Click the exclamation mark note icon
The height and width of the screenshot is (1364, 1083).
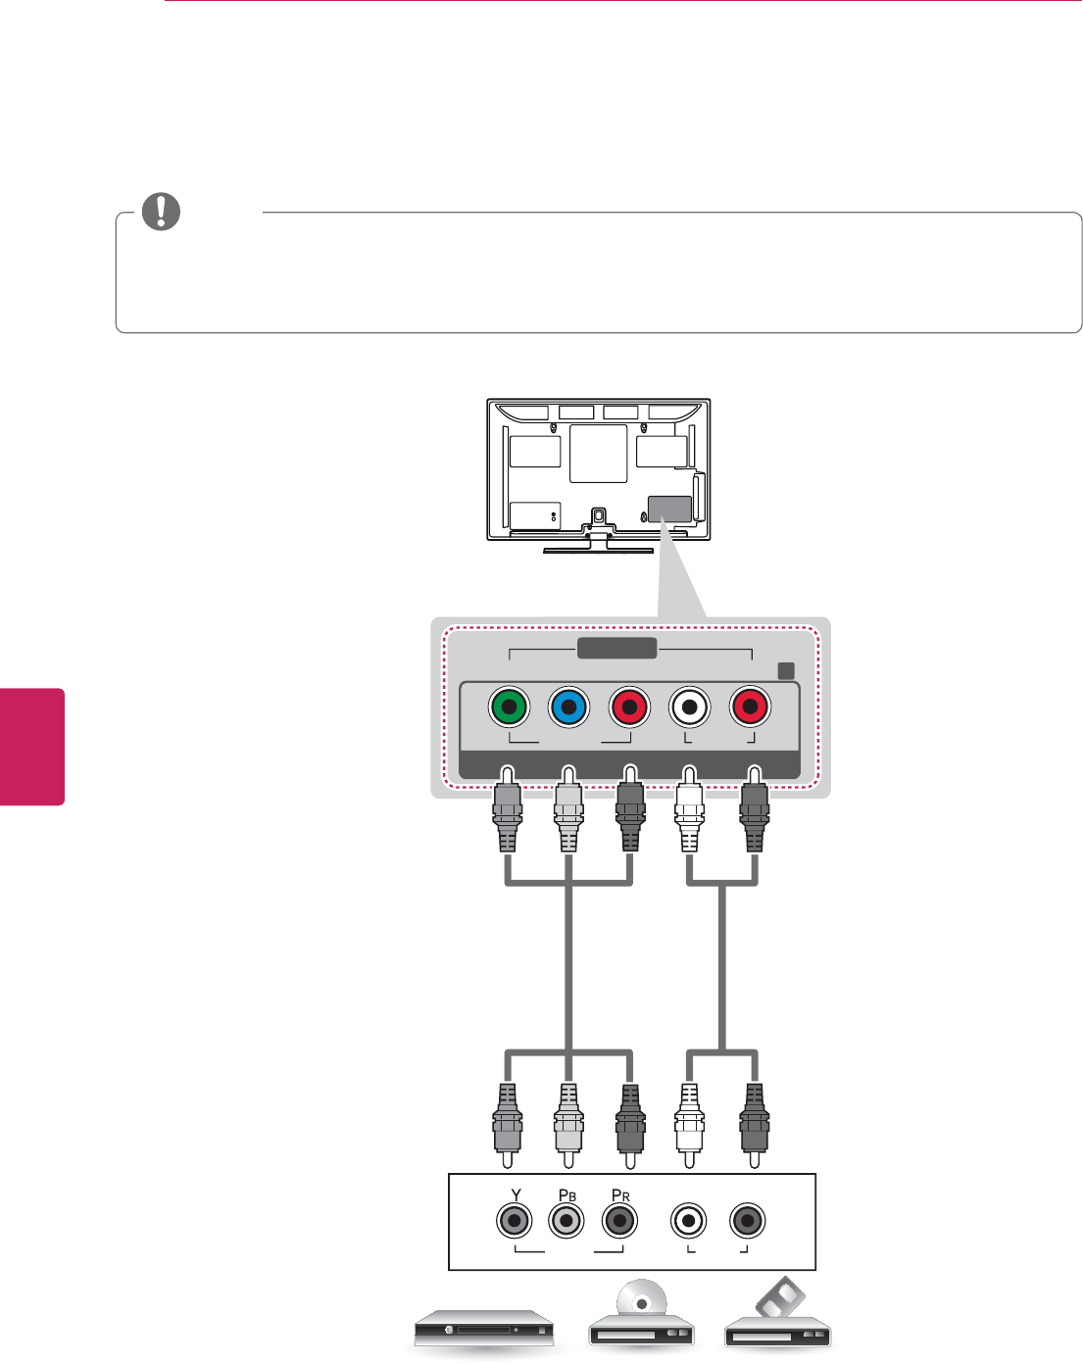(x=162, y=212)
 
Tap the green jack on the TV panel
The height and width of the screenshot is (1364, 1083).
(x=509, y=706)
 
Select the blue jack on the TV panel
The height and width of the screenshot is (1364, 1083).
(x=568, y=706)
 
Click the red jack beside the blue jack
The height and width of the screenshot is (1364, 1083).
(x=629, y=706)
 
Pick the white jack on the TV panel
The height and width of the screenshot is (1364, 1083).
(x=690, y=706)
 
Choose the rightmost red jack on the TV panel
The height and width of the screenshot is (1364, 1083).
(x=750, y=706)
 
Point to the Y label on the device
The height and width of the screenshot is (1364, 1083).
(x=516, y=1195)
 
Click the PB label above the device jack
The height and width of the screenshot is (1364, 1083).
(x=566, y=1195)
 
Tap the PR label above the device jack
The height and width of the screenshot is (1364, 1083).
(x=619, y=1195)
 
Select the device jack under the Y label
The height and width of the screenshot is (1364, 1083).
(x=514, y=1221)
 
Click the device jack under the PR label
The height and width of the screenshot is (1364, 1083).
(x=617, y=1221)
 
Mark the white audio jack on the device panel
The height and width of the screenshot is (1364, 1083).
(x=689, y=1221)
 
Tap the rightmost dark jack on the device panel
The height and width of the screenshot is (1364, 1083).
(x=748, y=1221)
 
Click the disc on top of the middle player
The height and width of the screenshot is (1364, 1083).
(x=641, y=1304)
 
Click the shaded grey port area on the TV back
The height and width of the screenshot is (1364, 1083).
(x=670, y=509)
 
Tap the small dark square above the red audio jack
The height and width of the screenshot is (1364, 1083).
(x=785, y=670)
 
